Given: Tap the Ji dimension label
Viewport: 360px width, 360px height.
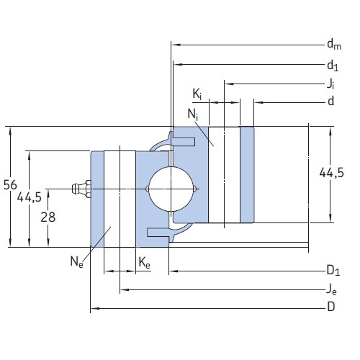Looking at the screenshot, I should point(330,84).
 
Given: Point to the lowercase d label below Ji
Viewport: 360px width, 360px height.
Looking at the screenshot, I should point(330,102).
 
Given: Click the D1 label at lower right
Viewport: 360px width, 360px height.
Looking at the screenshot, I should point(332,271).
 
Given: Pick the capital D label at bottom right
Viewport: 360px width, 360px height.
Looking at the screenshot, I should point(330,307).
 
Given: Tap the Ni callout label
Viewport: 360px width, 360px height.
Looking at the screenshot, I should point(193,114).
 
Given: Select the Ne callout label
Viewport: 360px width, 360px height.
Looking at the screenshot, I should point(76,262).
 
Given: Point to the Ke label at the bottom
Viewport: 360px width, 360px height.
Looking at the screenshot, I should point(144,264).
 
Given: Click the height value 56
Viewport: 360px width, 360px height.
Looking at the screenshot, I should point(10,186).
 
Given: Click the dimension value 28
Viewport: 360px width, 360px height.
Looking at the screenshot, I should point(48,217).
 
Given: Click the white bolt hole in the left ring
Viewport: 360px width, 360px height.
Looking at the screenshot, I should point(120,199).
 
